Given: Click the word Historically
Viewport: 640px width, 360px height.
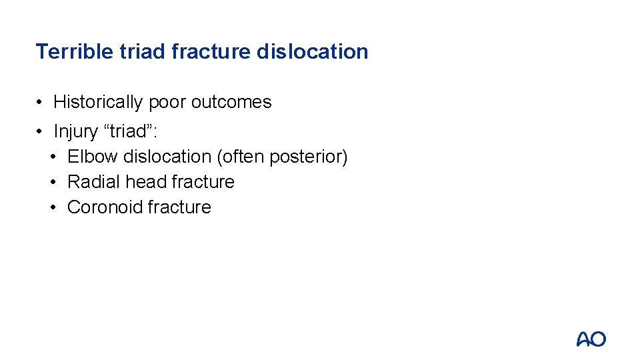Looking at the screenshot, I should tap(98, 102).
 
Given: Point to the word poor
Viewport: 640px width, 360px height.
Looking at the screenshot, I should tap(167, 102).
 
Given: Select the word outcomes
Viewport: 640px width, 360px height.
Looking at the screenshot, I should tap(231, 102).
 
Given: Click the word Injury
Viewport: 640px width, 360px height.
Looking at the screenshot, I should tap(75, 131).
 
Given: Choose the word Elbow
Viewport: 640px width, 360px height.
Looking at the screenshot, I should tap(93, 157).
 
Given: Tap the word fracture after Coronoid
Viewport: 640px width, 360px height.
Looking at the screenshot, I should tap(179, 207).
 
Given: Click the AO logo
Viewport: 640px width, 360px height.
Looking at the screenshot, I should tap(591, 339).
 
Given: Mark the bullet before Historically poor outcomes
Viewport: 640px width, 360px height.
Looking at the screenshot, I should tap(41, 103).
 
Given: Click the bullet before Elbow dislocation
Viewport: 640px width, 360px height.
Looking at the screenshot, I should tap(55, 157).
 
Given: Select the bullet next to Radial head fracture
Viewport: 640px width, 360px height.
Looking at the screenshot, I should tap(55, 183).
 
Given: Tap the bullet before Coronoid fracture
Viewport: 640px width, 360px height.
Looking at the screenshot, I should tap(55, 208).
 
